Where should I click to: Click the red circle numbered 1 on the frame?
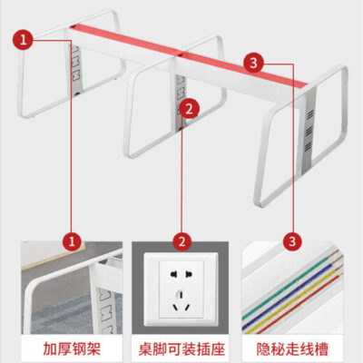(23, 40)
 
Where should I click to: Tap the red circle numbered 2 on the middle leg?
(189, 109)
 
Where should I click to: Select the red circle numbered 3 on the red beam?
(253, 63)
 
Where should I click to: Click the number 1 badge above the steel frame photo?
(72, 241)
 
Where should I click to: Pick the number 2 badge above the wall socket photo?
(181, 241)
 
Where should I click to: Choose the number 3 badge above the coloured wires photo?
(292, 241)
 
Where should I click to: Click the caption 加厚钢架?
(72, 348)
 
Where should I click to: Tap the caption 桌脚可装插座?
(181, 348)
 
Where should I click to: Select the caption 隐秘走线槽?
(292, 348)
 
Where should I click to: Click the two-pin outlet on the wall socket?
(181, 275)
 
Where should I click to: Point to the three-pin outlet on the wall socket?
(181, 301)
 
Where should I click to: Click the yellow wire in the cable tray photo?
(293, 300)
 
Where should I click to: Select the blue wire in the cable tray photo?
(291, 293)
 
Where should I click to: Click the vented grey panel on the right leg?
(308, 130)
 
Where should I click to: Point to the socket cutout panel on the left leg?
(76, 70)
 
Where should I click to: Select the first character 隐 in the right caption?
(263, 348)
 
